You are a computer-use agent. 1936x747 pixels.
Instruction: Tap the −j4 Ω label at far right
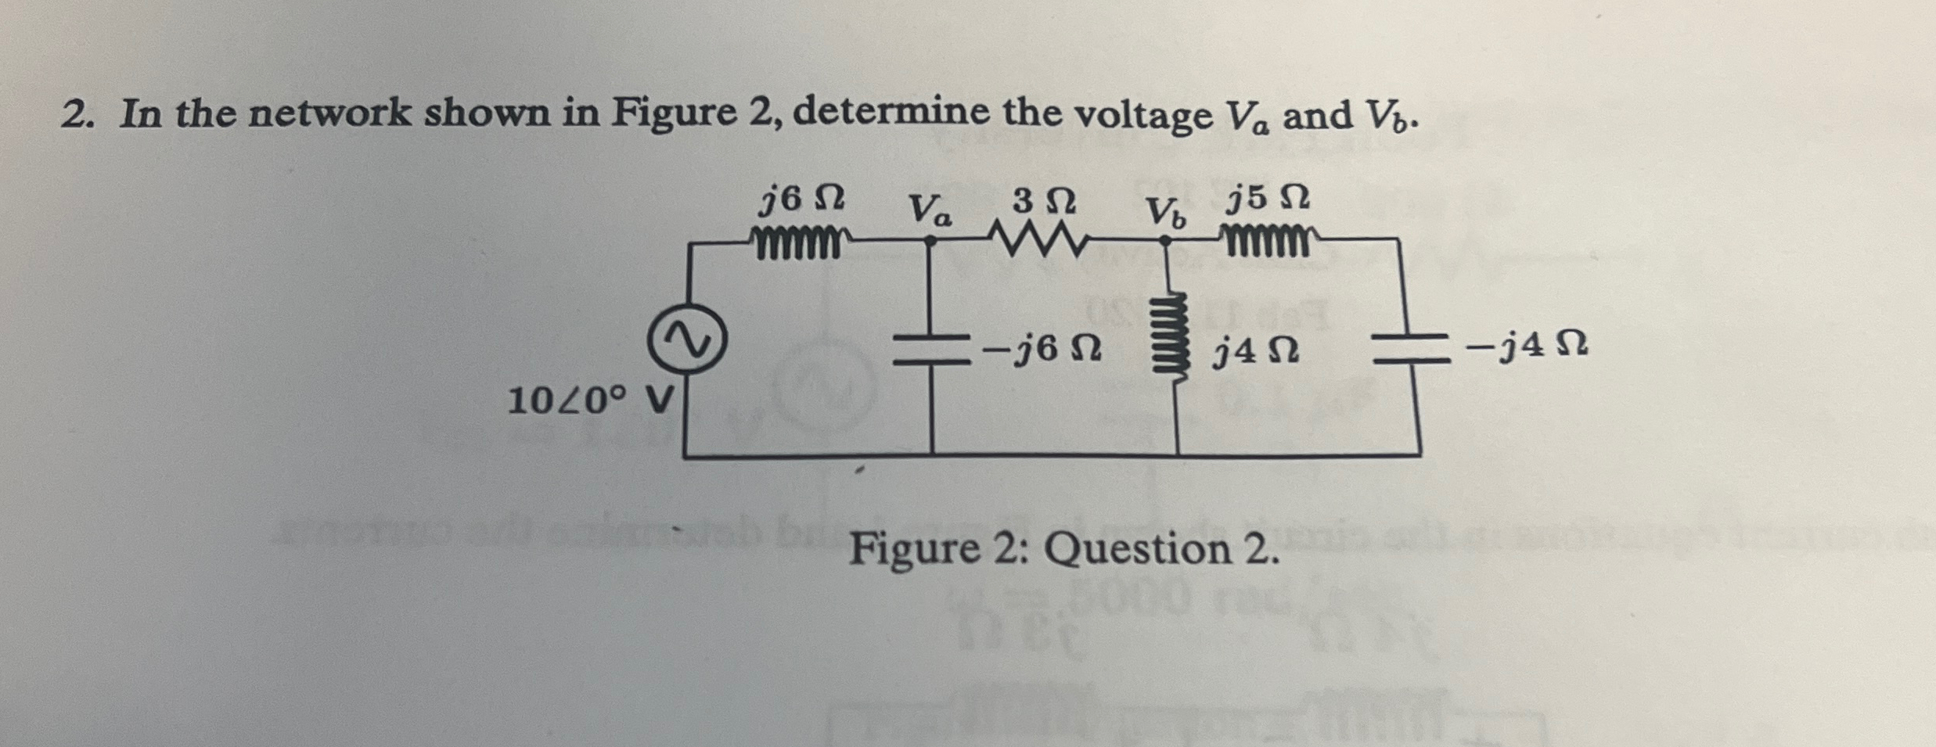pyautogui.click(x=1527, y=345)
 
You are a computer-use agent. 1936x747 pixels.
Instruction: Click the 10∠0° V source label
pyautogui.click(x=589, y=402)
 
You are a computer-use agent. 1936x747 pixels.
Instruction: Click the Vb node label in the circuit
pyautogui.click(x=1166, y=212)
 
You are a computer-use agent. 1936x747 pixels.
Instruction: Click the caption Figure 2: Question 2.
pyautogui.click(x=1065, y=549)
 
